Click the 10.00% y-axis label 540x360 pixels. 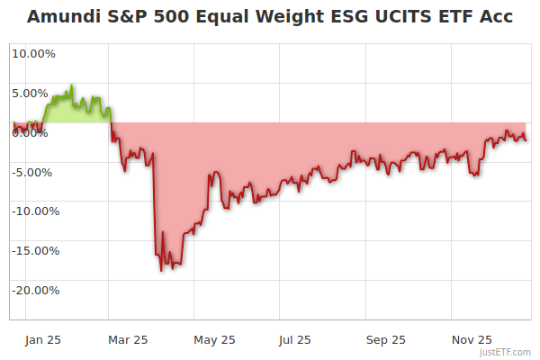tap(33, 53)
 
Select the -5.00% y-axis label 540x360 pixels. tap(34, 172)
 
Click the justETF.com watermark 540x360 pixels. tap(508, 352)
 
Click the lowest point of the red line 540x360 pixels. tap(161, 270)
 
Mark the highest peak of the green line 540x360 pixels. tap(73, 85)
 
